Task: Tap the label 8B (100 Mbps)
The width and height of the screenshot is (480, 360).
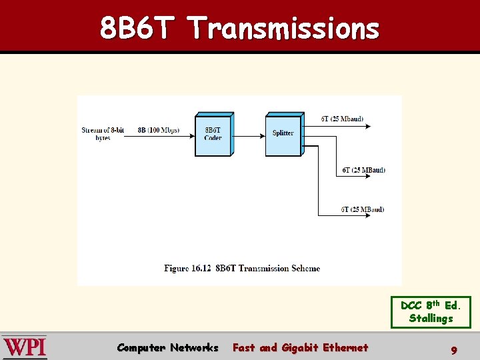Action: pos(158,130)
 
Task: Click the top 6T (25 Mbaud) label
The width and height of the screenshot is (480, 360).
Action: pos(342,119)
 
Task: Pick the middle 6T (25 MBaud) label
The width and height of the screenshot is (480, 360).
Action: pos(363,170)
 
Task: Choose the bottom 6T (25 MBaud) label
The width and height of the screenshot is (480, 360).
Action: pos(363,209)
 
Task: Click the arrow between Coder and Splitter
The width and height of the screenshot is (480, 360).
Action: pos(248,136)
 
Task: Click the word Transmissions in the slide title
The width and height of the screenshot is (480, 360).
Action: pos(284,28)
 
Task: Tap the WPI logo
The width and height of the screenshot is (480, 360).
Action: pos(25,347)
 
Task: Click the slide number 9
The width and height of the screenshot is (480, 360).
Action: pos(454,349)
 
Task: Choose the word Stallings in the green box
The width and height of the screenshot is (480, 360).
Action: pos(431,319)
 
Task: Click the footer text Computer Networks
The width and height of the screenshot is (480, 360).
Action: pos(167,347)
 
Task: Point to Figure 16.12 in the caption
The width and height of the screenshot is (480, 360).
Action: pos(187,269)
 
